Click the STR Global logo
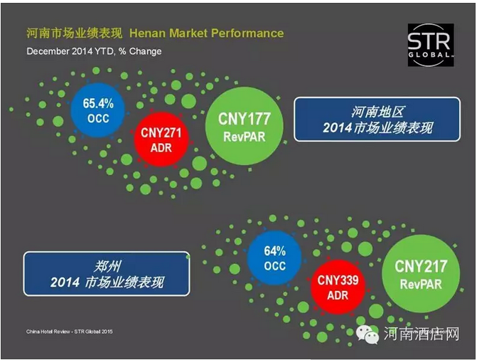431,45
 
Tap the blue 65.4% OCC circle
98,110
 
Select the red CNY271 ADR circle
161,139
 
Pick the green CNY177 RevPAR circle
245,126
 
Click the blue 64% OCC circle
274,258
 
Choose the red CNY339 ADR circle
338,287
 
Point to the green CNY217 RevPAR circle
421,273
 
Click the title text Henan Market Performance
207,33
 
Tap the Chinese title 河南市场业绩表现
74,33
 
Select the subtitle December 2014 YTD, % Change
94,51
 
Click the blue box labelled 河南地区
377,120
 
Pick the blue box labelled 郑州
107,273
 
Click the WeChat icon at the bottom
368,334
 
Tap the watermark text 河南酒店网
422,334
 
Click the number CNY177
245,119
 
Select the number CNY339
338,280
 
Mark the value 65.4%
98,104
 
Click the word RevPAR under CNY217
421,284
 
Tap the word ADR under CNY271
161,148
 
